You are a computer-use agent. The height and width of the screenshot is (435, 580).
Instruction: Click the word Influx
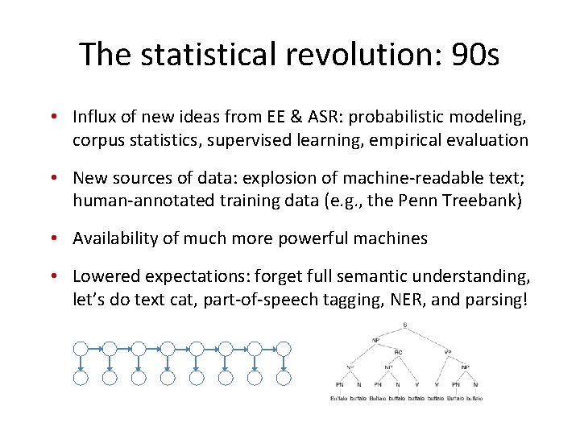(94, 118)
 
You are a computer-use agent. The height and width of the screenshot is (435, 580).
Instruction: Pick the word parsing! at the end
(491, 299)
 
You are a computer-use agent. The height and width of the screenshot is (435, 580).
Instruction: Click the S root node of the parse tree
(404, 325)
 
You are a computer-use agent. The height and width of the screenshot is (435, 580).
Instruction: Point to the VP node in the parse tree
(448, 351)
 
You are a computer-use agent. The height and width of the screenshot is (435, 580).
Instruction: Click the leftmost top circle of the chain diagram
(81, 349)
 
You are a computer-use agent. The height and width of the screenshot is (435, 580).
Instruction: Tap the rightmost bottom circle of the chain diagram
(284, 378)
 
